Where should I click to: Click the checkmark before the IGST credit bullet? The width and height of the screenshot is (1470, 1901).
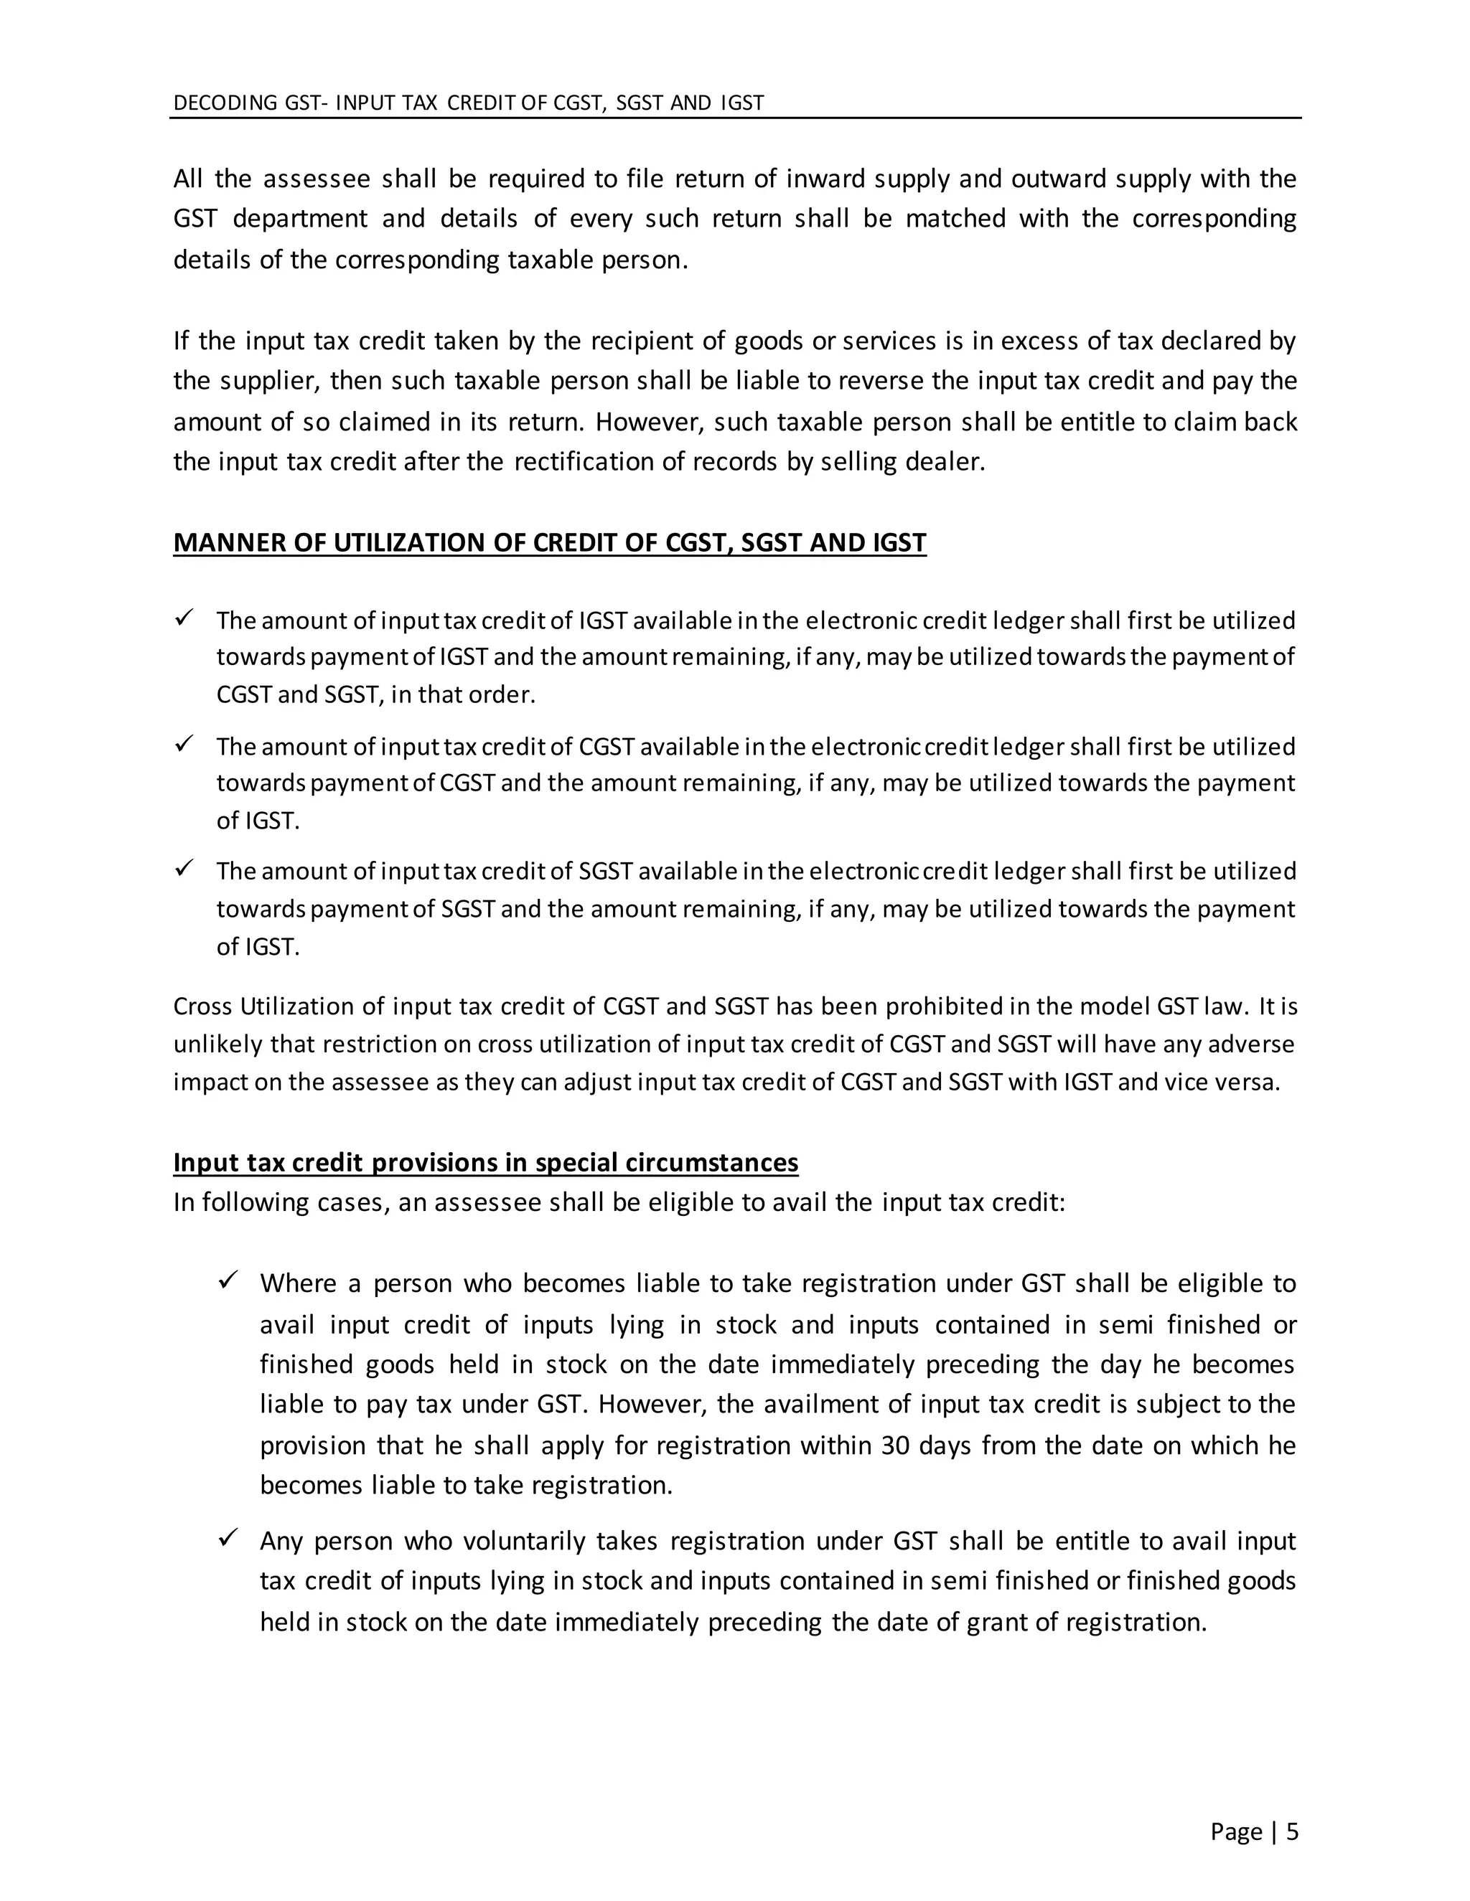click(183, 619)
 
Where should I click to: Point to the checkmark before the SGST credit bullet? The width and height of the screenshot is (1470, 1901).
click(183, 869)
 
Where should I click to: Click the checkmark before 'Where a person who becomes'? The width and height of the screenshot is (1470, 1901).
click(228, 1281)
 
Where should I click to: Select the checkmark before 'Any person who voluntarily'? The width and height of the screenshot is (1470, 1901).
click(228, 1539)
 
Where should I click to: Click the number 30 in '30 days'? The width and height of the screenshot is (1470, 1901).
click(895, 1445)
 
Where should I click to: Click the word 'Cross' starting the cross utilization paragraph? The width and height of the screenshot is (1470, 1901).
click(203, 1006)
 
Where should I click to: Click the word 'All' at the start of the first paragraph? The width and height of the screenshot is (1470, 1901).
click(188, 179)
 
